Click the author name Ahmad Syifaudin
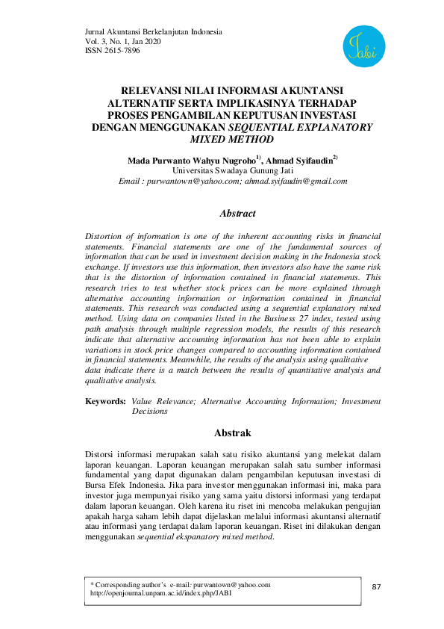click(301, 160)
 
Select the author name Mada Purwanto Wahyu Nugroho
click(192, 160)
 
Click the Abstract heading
click(237, 214)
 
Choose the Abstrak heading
click(233, 433)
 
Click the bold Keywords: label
click(105, 401)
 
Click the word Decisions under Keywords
click(150, 411)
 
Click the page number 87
click(376, 586)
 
